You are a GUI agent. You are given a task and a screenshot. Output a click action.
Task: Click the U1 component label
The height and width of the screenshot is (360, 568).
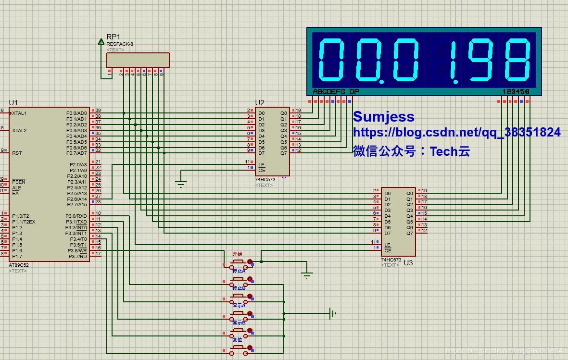[x=13, y=102]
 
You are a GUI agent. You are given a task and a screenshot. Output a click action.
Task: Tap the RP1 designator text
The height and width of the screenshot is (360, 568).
[x=114, y=37]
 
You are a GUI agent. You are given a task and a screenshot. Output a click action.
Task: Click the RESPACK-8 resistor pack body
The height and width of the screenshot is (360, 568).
[x=138, y=60]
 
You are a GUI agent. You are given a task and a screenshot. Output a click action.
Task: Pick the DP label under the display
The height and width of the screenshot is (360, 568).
[x=354, y=91]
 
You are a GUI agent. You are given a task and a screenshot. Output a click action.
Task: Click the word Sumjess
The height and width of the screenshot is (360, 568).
[x=383, y=117]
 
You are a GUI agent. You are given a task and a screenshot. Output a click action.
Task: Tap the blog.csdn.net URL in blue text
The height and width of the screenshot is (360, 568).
[x=456, y=133]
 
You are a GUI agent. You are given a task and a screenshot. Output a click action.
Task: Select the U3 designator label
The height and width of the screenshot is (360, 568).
[x=408, y=263]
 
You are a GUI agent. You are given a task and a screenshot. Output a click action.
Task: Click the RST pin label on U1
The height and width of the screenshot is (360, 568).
[x=17, y=153]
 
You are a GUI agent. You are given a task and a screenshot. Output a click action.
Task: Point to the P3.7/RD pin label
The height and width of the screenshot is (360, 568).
[x=78, y=257]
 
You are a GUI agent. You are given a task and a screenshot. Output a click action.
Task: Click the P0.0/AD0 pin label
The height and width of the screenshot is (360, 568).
[x=76, y=113]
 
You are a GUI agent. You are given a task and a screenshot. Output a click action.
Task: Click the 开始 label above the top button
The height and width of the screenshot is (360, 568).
[x=237, y=254]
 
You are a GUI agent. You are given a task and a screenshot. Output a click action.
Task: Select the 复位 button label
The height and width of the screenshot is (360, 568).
[x=238, y=339]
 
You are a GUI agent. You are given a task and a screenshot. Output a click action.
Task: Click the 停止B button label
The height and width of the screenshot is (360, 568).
[x=239, y=288]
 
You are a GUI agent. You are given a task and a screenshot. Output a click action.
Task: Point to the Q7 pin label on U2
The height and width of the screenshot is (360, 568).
[x=283, y=153]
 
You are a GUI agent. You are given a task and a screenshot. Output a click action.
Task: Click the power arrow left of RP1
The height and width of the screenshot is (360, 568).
[x=101, y=42]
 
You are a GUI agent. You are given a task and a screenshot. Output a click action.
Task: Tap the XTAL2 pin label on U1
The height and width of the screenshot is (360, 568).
[x=19, y=131]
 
